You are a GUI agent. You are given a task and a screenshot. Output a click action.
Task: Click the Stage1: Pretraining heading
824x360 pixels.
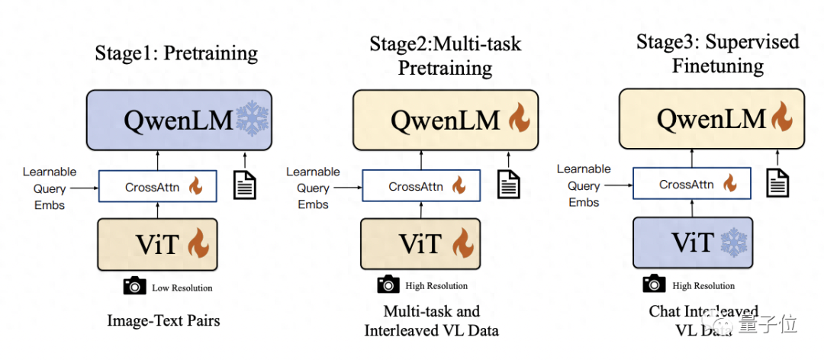175,53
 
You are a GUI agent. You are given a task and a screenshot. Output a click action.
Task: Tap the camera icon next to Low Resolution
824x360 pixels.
135,286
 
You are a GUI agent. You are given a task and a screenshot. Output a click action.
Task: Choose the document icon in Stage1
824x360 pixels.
244,185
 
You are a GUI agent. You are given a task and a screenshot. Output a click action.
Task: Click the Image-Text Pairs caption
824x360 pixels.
164,320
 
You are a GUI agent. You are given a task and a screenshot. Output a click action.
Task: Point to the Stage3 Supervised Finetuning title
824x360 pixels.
717,53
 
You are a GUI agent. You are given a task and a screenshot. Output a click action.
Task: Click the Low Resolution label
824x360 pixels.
182,288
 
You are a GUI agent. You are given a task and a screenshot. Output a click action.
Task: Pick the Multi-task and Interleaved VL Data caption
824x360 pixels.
432,320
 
